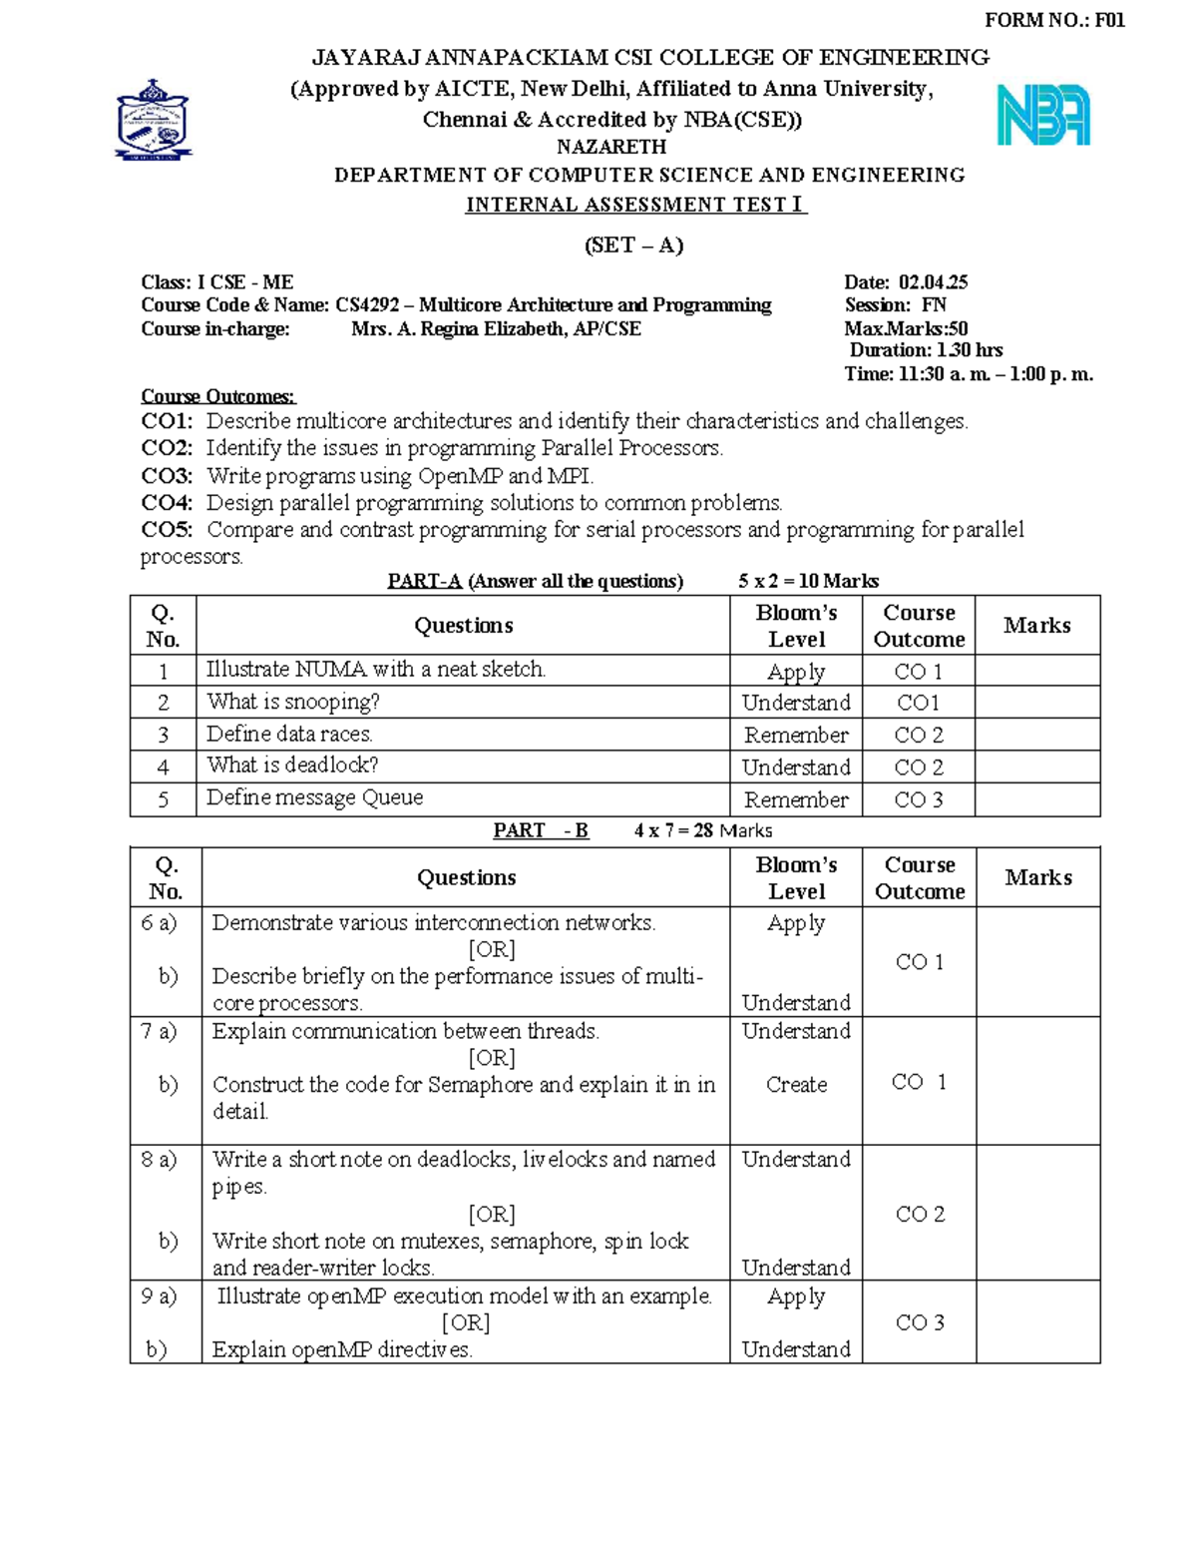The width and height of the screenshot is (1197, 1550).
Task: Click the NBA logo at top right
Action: click(1043, 116)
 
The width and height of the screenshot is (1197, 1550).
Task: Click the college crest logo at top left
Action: click(153, 120)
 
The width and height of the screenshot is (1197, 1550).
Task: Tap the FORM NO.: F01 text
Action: click(1054, 20)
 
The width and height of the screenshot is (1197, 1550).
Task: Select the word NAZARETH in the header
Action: click(611, 147)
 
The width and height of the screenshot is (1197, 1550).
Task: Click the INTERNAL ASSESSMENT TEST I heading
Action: click(635, 205)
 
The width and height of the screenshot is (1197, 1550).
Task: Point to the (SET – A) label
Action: click(633, 246)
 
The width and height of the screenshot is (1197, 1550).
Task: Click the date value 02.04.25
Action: click(933, 282)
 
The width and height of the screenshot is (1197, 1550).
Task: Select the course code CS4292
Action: click(366, 305)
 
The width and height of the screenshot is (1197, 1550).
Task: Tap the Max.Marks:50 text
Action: click(906, 328)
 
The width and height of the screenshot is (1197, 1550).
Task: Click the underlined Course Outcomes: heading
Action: click(217, 396)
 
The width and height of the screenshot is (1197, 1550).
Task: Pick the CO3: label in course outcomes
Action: click(167, 476)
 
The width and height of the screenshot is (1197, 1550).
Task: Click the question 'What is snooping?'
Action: click(292, 702)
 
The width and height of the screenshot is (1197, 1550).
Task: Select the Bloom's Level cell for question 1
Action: click(795, 672)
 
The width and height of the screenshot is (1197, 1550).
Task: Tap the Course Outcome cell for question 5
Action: click(918, 799)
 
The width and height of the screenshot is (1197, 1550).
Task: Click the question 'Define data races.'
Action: click(289, 734)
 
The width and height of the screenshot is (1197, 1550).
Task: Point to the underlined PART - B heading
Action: click(541, 830)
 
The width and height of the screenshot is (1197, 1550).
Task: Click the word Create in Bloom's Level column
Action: click(795, 1084)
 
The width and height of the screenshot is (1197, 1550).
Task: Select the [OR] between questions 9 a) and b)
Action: click(466, 1322)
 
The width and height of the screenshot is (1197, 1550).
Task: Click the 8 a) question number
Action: click(159, 1160)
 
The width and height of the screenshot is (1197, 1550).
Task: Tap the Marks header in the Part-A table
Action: click(1036, 626)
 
